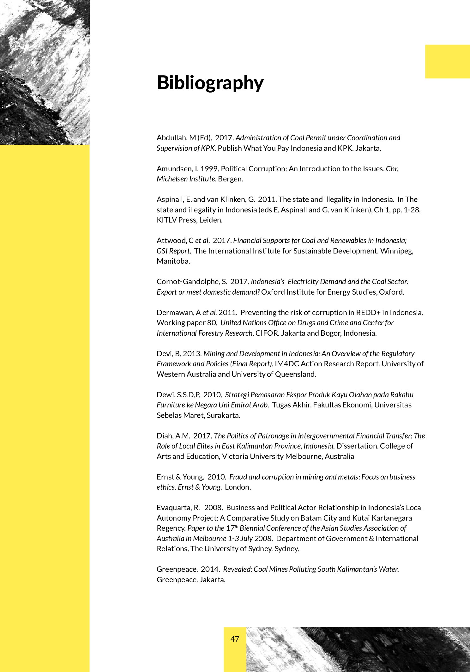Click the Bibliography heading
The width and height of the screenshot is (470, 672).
210,83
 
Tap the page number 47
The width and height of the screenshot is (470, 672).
235,639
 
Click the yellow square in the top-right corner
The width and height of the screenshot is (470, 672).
447,61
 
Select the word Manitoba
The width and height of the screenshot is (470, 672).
173,261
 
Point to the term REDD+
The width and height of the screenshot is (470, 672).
368,313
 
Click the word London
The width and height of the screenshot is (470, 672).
238,487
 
